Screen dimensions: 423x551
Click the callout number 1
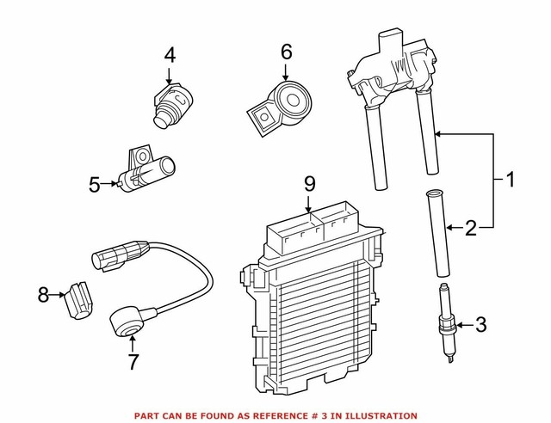click(x=509, y=181)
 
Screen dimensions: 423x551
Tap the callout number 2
click(x=471, y=228)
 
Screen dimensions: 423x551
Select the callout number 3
click(x=480, y=324)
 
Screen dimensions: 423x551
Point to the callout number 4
click(x=170, y=56)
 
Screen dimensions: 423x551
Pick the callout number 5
click(x=95, y=182)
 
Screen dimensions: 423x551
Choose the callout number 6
click(x=286, y=54)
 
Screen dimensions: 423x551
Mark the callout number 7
click(x=133, y=361)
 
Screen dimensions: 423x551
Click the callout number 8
click(x=43, y=295)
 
